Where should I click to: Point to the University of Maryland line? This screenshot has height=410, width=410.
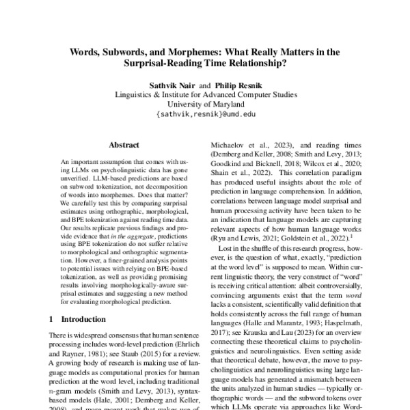point(205,105)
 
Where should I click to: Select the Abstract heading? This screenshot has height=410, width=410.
point(124,145)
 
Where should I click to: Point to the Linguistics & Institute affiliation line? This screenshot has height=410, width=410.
point(205,94)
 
